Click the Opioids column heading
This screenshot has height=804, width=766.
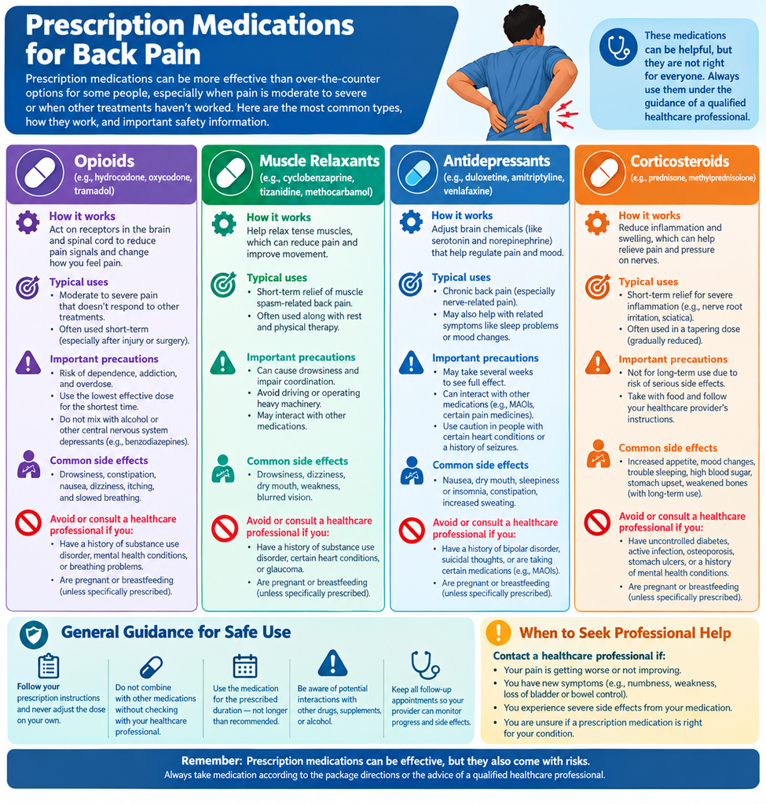104,161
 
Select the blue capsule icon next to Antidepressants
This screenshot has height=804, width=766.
417,173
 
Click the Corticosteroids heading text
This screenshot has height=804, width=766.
680,161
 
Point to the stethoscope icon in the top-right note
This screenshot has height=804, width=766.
618,47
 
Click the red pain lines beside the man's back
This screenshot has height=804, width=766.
566,114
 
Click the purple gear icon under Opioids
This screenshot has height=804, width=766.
27,222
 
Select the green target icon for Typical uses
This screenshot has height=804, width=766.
224,284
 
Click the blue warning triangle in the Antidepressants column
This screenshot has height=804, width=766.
411,362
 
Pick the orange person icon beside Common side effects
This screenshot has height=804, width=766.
598,453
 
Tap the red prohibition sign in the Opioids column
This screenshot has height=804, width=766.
28,522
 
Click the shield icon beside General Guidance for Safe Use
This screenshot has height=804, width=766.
34,634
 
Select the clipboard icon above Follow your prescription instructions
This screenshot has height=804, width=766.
49,666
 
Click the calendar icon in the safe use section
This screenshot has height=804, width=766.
245,666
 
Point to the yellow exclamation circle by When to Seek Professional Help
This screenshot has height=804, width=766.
498,632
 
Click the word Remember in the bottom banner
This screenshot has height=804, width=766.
211,761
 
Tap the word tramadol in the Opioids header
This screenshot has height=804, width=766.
94,191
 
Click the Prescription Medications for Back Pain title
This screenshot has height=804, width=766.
190,39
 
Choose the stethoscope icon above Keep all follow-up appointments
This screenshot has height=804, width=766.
425,665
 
